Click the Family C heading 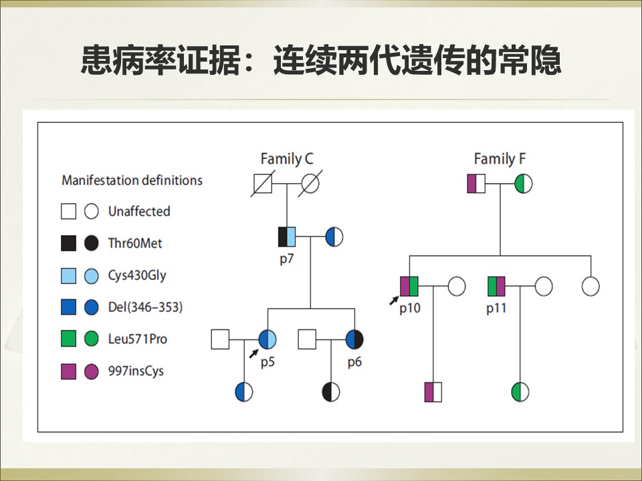click(287, 159)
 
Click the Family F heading click(500, 159)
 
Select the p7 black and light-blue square click(287, 236)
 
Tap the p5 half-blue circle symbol click(267, 339)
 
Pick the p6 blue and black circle click(354, 339)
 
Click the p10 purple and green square click(409, 287)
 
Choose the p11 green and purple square click(496, 287)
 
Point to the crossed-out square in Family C click(262, 184)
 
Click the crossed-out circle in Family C click(310, 184)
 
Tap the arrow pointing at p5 click(254, 353)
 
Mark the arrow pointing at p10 click(394, 300)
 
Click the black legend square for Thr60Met click(68, 243)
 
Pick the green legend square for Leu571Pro click(68, 339)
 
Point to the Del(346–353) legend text click(145, 307)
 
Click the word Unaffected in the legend click(139, 212)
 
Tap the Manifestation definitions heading click(132, 180)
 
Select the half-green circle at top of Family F click(523, 184)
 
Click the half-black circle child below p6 click(331, 392)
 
